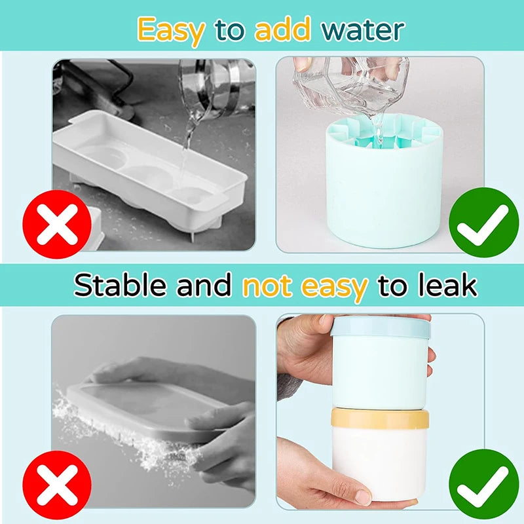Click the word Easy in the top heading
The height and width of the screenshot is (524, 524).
coord(171,31)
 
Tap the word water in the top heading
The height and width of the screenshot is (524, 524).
coord(363,29)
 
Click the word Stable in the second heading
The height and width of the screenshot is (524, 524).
coord(120,285)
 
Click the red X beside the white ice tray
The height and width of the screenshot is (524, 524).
coord(57,224)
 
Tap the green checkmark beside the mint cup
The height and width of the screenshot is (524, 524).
coord(483,222)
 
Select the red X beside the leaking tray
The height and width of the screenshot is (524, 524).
coord(57,485)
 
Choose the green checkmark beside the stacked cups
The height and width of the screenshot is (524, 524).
coord(483,484)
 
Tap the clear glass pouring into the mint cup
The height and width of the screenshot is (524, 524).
coord(352,87)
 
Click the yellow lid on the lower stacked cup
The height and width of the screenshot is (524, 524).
coord(380,418)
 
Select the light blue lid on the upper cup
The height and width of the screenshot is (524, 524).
coord(381,327)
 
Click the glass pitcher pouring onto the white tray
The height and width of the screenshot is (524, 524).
coord(214,88)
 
